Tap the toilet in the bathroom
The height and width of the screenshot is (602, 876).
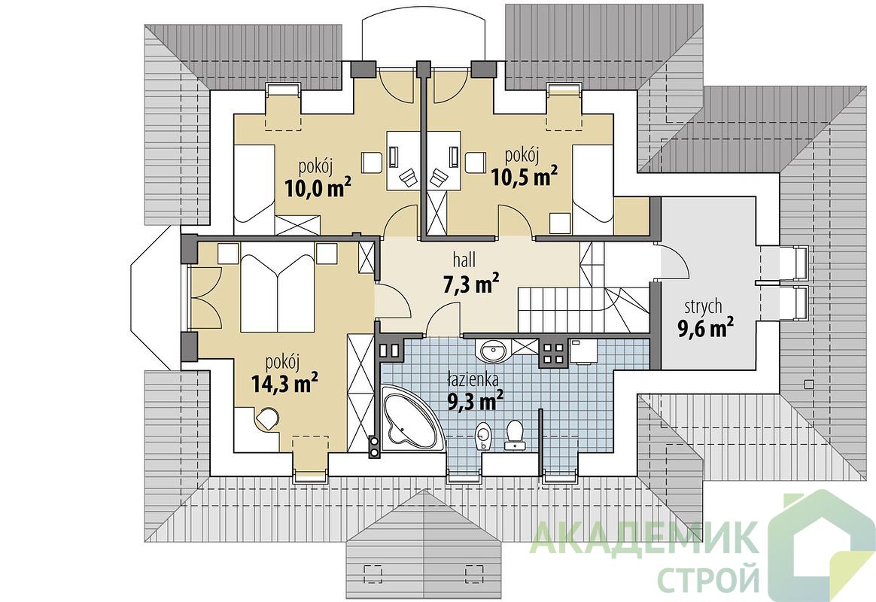pos(514,435)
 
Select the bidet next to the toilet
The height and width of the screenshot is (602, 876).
pos(482,436)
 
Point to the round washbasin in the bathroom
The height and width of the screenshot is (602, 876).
pos(493,351)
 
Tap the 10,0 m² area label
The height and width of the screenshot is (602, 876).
pos(318,188)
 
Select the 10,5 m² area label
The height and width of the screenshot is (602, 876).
pos(524,176)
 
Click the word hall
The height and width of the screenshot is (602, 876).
pos(464,259)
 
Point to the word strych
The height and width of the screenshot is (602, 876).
pos(704,307)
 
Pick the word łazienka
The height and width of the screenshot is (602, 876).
pos(473,380)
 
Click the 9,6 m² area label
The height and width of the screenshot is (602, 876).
pos(706,328)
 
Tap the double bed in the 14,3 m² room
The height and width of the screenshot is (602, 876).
pos(278,293)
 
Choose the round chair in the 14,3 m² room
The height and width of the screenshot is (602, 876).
pos(268,418)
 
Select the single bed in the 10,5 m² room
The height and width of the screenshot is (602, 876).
pos(593,190)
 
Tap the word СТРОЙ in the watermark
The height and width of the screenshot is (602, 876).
pos(708,578)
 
